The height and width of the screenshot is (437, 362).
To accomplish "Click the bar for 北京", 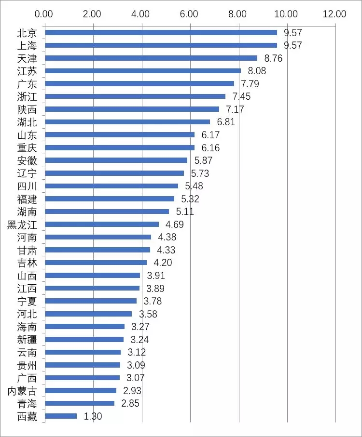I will [161, 33].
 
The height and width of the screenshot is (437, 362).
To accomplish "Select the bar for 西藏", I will [61, 416].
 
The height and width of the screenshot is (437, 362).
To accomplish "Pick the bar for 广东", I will [139, 84].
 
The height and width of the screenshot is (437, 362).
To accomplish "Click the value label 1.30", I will [93, 416].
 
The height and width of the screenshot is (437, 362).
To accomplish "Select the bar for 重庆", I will [119, 147].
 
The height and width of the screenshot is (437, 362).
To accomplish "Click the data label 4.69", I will [175, 225].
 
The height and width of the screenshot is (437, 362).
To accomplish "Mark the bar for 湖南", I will [107, 212].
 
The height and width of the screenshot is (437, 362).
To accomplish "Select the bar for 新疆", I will [84, 339].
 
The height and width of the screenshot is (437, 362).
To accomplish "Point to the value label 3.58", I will [148, 314].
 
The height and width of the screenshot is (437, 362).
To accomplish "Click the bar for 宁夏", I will [90, 301].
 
